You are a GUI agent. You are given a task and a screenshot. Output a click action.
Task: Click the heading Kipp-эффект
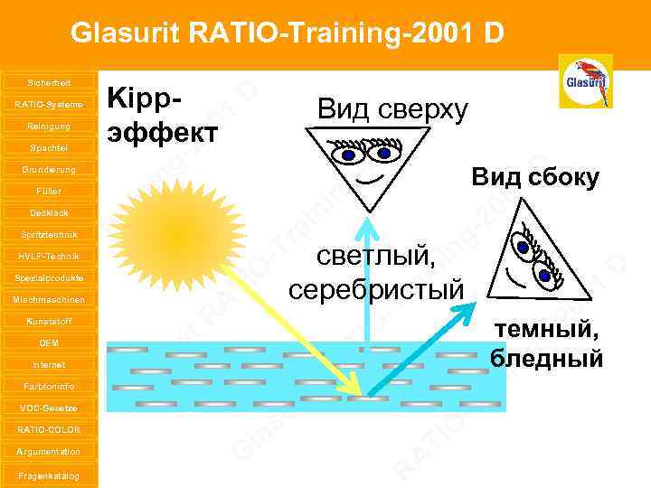pos(163,116)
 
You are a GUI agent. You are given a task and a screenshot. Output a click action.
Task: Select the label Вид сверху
pos(392,109)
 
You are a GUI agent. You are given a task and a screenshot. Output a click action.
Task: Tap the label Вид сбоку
pos(534,178)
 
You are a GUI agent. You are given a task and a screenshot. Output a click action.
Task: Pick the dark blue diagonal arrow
pos(420,352)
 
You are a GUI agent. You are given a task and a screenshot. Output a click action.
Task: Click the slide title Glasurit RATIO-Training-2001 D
pos(287,33)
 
